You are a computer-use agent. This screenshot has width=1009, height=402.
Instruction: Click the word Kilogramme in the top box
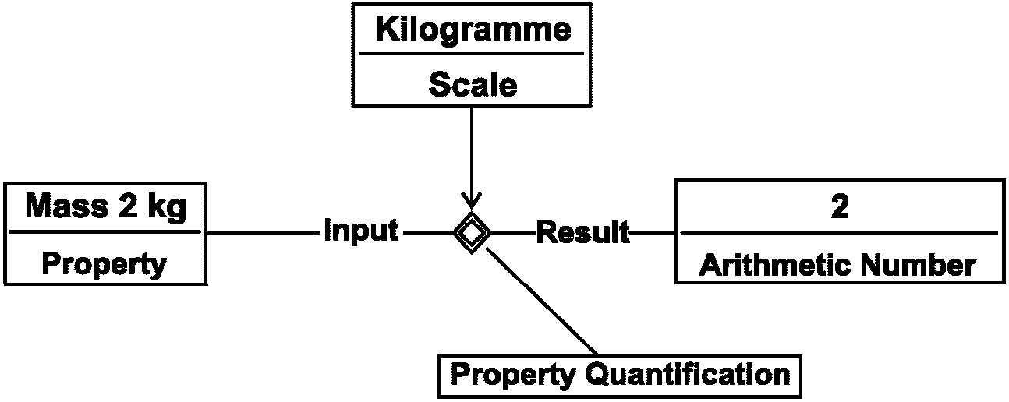click(x=473, y=30)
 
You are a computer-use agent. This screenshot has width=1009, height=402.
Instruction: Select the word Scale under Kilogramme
click(x=473, y=85)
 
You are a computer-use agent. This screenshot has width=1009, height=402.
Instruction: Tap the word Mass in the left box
click(x=66, y=206)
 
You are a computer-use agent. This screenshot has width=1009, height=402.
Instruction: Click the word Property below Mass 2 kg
click(x=104, y=264)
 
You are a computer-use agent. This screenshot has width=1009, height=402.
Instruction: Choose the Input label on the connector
click(x=361, y=231)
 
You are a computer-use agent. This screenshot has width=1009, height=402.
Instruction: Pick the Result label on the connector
click(x=583, y=232)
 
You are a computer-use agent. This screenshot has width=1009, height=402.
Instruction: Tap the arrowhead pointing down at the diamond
click(x=472, y=202)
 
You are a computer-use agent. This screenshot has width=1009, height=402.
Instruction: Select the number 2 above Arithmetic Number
click(x=840, y=206)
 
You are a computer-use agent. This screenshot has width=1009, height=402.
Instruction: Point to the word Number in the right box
click(x=918, y=265)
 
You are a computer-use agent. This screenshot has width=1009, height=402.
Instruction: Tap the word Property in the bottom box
click(x=513, y=376)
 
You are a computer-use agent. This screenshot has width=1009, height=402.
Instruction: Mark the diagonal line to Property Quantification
click(x=542, y=301)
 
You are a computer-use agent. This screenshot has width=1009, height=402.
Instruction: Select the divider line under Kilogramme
click(x=471, y=54)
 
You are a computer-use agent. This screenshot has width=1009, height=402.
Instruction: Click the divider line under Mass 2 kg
click(x=104, y=232)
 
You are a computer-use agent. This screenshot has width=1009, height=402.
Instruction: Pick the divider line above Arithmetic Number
click(x=839, y=234)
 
